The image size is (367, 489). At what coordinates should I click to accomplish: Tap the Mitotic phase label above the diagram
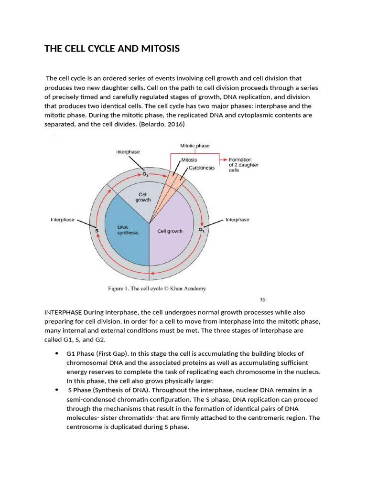[194, 146]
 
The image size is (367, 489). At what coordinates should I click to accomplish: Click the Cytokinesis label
[202, 168]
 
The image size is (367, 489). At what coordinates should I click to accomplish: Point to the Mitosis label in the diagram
[189, 160]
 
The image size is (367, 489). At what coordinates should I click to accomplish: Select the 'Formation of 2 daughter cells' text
[244, 165]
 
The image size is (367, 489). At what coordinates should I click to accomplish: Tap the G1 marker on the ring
[201, 230]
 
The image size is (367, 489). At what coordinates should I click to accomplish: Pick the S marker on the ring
[97, 230]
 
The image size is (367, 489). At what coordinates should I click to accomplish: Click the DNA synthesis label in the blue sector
[128, 230]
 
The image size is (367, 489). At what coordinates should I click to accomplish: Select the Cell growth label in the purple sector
[170, 231]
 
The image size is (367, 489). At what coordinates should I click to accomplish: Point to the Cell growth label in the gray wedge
[144, 197]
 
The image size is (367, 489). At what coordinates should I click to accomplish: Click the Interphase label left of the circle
[63, 220]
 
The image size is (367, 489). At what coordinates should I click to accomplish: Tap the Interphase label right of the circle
[237, 220]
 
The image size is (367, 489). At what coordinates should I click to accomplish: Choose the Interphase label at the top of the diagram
[128, 151]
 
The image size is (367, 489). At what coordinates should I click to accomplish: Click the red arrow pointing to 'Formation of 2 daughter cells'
[222, 160]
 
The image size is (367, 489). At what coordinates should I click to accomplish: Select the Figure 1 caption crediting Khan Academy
[156, 288]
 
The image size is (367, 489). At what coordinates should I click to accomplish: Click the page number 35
[262, 300]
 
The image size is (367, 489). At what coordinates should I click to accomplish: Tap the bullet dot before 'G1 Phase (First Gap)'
[56, 354]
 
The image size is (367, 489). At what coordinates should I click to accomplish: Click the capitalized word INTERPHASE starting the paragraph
[63, 312]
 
